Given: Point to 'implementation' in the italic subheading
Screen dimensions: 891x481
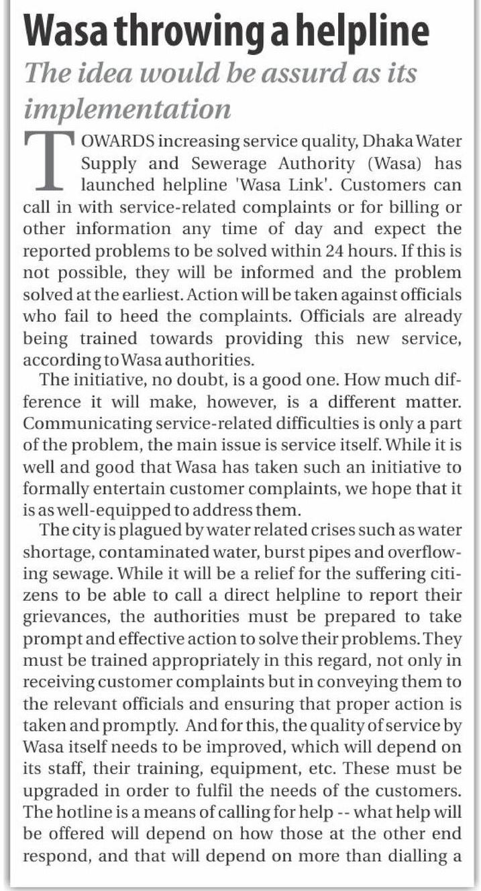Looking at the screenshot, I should coord(127,108).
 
